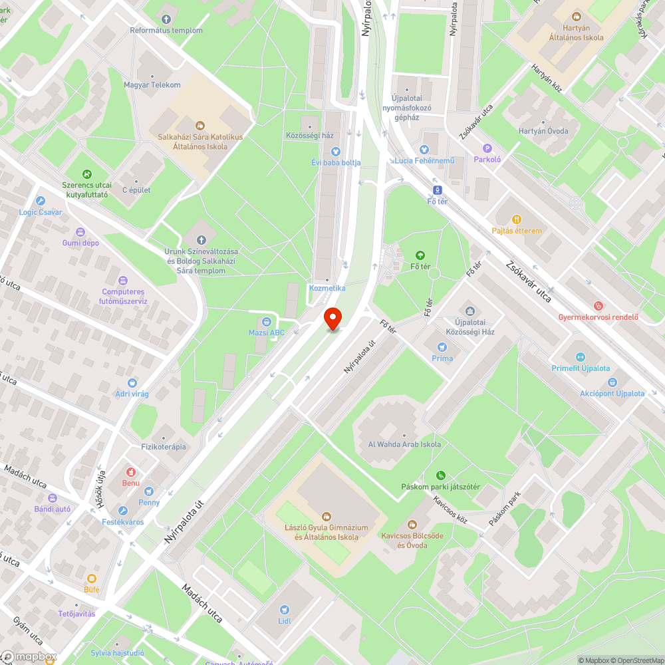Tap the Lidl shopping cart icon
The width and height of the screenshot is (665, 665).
pyautogui.click(x=285, y=609)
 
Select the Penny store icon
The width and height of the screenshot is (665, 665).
pyautogui.click(x=149, y=491)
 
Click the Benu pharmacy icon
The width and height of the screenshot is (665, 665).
pyautogui.click(x=130, y=471)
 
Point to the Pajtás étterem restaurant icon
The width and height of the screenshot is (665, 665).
pyautogui.click(x=517, y=219)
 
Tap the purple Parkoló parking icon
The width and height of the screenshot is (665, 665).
pyautogui.click(x=487, y=148)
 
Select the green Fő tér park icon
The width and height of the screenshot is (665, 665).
pyautogui.click(x=420, y=255)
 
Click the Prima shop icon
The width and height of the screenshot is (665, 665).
pyautogui.click(x=442, y=346)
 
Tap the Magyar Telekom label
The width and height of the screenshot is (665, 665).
pyautogui.click(x=152, y=85)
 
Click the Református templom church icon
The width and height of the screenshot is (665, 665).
pyautogui.click(x=166, y=19)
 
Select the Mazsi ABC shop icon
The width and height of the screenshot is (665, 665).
pyautogui.click(x=267, y=322)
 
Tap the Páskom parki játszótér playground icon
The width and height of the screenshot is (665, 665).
pyautogui.click(x=440, y=475)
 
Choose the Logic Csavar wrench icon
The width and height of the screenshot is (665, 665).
pyautogui.click(x=41, y=201)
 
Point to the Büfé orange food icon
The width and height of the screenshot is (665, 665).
pyautogui.click(x=91, y=578)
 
